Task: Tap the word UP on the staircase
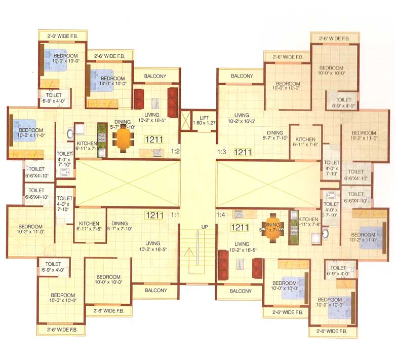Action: coord(205,227)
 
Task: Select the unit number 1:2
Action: coord(176,151)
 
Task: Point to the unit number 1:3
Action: coord(221,151)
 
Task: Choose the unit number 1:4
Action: coord(221,214)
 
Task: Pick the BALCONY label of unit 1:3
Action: coord(242,76)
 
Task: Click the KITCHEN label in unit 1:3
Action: coord(305,139)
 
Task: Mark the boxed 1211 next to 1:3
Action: coord(243,152)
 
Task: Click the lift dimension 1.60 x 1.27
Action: coord(204,123)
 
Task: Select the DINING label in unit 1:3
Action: coord(275,133)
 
